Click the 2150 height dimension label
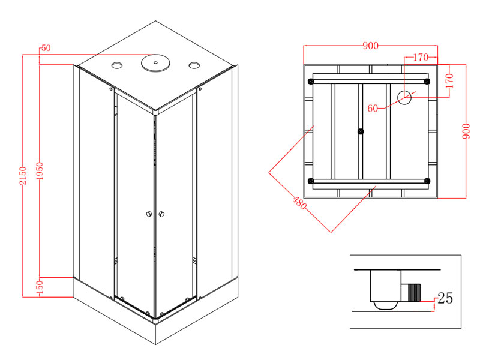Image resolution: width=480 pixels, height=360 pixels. pyautogui.click(x=23, y=176)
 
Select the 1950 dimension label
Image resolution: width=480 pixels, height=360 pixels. pyautogui.click(x=40, y=171)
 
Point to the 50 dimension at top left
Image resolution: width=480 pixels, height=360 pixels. pyautogui.click(x=46, y=48)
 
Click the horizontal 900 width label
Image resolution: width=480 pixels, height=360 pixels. pyautogui.click(x=370, y=46)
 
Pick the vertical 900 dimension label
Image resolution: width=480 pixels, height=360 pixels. pyautogui.click(x=466, y=131)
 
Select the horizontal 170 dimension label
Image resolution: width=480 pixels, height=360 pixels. pyautogui.click(x=421, y=57)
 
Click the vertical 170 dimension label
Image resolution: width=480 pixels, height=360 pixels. pyautogui.click(x=449, y=80)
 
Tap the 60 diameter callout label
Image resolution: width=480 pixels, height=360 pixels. pyautogui.click(x=373, y=109)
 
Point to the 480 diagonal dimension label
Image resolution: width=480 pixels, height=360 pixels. pyautogui.click(x=299, y=203)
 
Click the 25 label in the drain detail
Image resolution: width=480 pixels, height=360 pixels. pyautogui.click(x=445, y=298)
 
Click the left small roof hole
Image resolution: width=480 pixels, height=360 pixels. pyautogui.click(x=116, y=65)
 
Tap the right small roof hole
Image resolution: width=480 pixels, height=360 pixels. pyautogui.click(x=194, y=65)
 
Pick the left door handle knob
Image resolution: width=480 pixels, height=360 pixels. pyautogui.click(x=149, y=214)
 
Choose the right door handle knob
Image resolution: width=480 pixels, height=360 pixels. pyautogui.click(x=161, y=214)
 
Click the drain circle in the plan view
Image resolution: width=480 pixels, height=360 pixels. pyautogui.click(x=404, y=97)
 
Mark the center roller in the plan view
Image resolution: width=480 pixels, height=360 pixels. pyautogui.click(x=361, y=131)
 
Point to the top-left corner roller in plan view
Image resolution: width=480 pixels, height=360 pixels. pyautogui.click(x=311, y=82)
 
